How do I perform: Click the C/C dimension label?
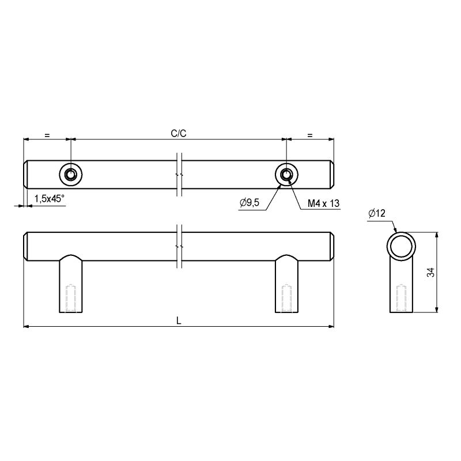pos(179,134)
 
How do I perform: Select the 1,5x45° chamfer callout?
pos(49,199)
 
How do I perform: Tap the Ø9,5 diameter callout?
pos(250,203)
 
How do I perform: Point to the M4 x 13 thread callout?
pos(323,203)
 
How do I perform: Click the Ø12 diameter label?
pos(377,213)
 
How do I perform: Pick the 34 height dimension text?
pos(430,272)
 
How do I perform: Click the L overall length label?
pos(179,321)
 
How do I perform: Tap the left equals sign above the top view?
pos(47,135)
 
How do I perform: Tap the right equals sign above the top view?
pos(310,135)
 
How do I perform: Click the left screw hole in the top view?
pos(70,175)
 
